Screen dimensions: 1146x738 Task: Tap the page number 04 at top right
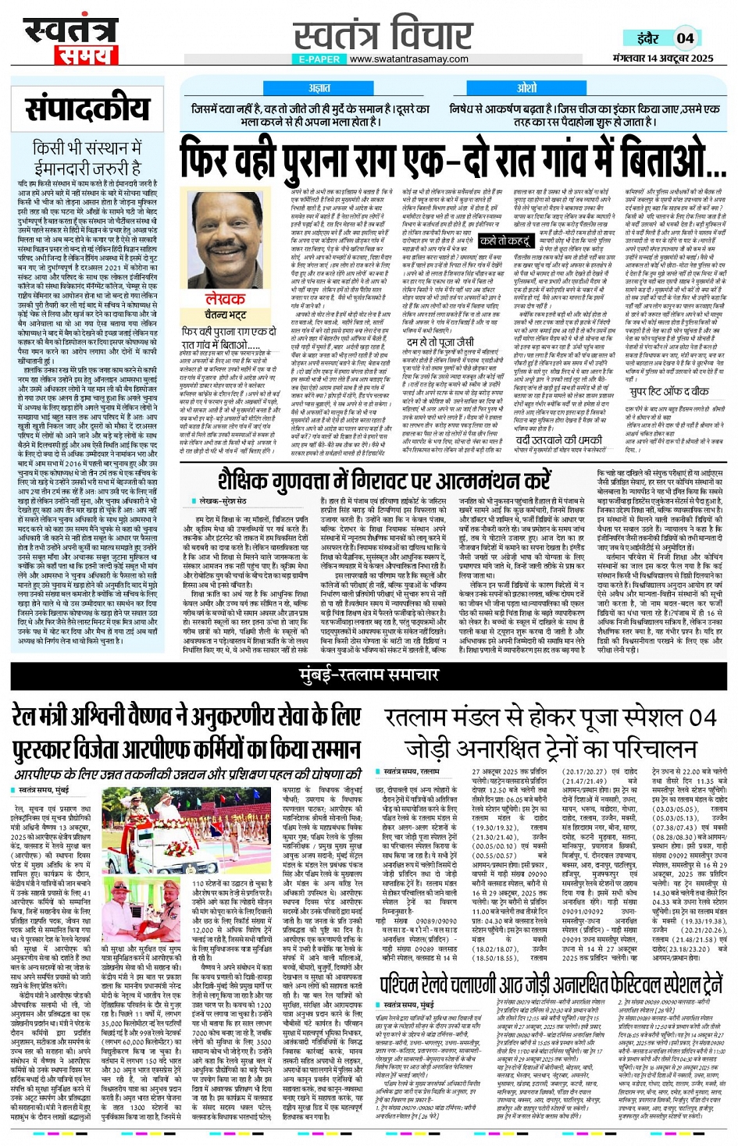coord(685,37)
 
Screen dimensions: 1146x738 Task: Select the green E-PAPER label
coord(319,59)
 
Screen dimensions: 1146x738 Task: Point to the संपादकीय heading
coord(87,109)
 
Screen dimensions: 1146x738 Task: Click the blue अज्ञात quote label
coord(319,88)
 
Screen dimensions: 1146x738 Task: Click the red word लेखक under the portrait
coord(224,299)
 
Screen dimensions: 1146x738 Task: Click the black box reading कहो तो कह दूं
coord(504,241)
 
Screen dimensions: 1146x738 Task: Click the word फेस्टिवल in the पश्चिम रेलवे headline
coord(601,984)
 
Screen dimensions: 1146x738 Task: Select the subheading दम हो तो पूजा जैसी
coord(440,342)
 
